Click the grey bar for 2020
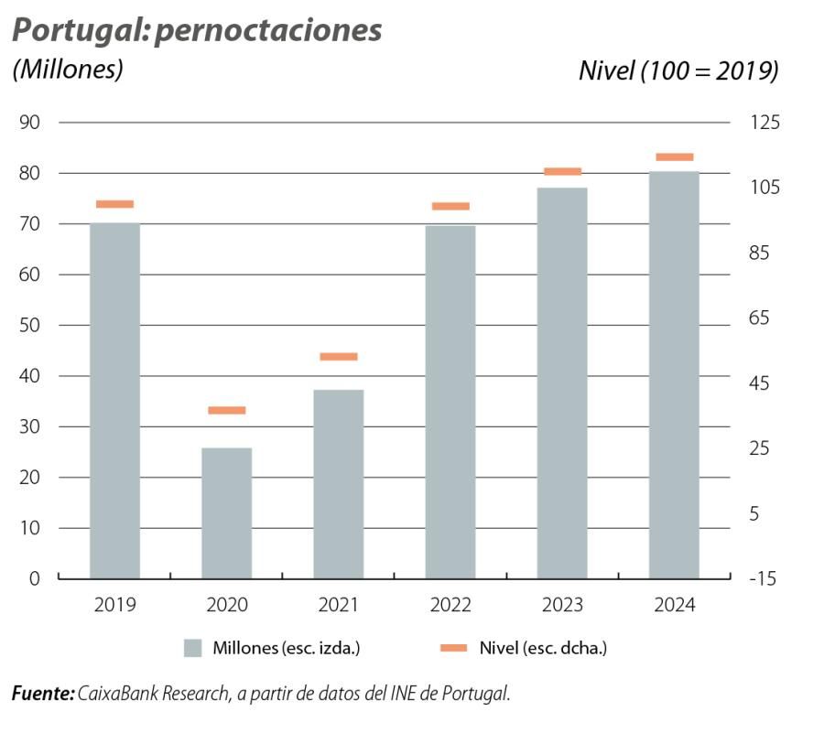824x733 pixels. point(226,512)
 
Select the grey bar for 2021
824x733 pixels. point(338,484)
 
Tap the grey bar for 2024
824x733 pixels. point(674,374)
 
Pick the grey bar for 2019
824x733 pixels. point(114,400)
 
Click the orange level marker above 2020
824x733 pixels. point(226,410)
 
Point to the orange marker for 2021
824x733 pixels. point(338,357)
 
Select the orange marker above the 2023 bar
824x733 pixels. point(562,171)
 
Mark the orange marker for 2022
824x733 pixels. point(450,206)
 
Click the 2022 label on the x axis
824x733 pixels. point(450,606)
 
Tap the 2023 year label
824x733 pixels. point(562,606)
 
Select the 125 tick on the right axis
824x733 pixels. point(767,123)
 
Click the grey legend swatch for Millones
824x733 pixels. point(192,648)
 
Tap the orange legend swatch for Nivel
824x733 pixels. point(453,648)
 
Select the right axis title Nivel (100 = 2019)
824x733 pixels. point(678,70)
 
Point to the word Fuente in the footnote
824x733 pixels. point(42,694)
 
